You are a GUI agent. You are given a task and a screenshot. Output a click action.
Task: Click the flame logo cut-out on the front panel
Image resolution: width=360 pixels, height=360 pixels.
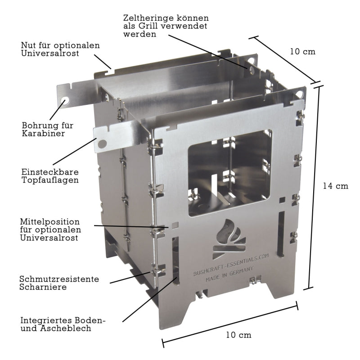[x=229, y=239]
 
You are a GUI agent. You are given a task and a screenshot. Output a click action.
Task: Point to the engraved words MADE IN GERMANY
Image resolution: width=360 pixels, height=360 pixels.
[x=229, y=274]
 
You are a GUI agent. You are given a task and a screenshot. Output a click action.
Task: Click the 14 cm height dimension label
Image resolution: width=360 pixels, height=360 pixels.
[x=335, y=186]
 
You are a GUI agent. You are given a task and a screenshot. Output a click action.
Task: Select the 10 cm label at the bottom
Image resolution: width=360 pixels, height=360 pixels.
[x=238, y=335]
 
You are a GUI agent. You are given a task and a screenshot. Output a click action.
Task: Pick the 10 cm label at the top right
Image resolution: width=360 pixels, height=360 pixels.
[x=302, y=51]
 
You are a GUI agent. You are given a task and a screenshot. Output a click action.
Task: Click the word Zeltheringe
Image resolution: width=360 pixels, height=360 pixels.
[x=149, y=18]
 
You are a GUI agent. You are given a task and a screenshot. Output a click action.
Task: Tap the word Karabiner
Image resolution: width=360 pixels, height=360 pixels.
[x=43, y=133]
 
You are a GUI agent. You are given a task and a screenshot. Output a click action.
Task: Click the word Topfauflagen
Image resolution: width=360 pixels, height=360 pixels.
[x=50, y=180]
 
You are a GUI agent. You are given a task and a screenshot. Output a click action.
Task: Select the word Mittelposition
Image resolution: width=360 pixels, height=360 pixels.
[x=50, y=222]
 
